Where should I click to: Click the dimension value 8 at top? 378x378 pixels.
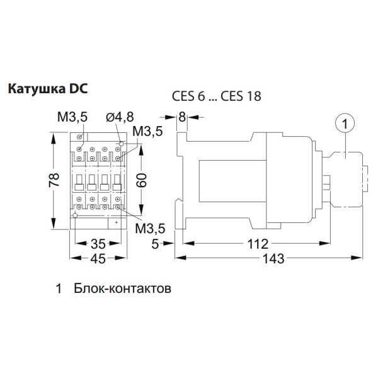183,117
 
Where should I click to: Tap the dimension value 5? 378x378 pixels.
155,243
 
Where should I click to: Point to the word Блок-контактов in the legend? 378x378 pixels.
122,290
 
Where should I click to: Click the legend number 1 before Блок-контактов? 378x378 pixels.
59,290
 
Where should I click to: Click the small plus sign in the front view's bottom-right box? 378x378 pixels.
118,222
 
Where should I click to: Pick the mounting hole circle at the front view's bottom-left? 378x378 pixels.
75,215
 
